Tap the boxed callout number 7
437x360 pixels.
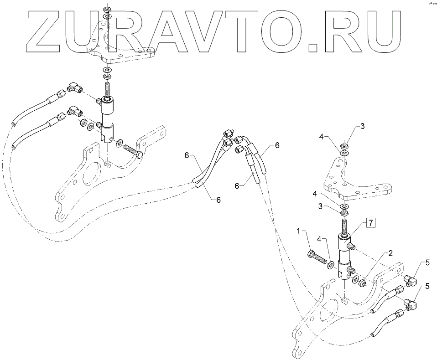(x=370, y=223)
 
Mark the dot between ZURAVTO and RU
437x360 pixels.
(x=314, y=45)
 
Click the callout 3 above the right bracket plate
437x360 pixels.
(x=362, y=126)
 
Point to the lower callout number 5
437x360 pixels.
(x=427, y=286)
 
